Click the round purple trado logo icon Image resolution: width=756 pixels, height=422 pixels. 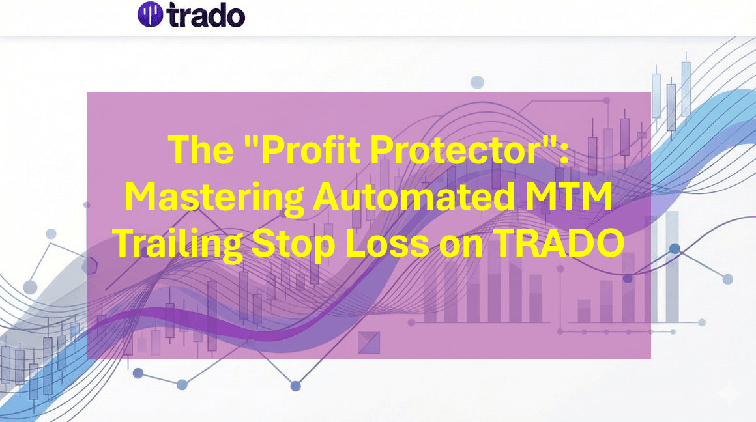pos(149,14)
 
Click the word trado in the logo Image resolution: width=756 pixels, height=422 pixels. pos(205,15)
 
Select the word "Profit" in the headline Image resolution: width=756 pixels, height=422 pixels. pos(306,150)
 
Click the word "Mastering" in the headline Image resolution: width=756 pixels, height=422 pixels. pos(214,197)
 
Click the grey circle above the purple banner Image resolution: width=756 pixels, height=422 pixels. pos(477,82)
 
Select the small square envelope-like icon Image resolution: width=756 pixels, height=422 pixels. pos(369,342)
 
